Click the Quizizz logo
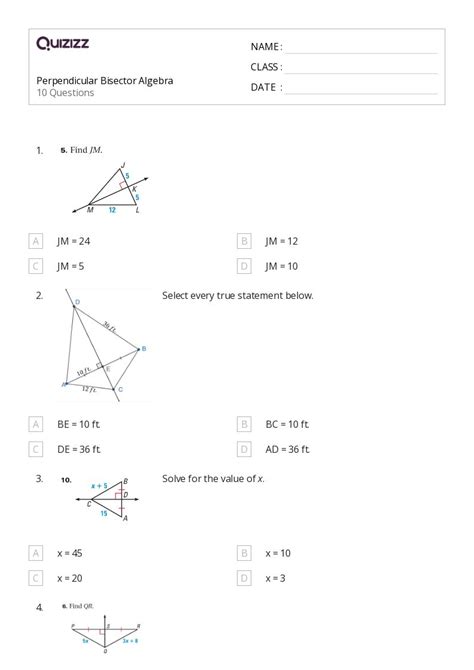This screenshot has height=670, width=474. pyautogui.click(x=63, y=43)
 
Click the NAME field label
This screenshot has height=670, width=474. pyautogui.click(x=266, y=47)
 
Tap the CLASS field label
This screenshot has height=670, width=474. pyautogui.click(x=266, y=67)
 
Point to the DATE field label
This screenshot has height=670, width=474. pyautogui.click(x=266, y=87)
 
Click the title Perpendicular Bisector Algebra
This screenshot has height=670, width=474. pyautogui.click(x=104, y=80)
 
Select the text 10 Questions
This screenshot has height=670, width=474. pyautogui.click(x=66, y=93)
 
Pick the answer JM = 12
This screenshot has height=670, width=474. pyautogui.click(x=282, y=241)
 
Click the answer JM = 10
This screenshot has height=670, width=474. pyautogui.click(x=282, y=266)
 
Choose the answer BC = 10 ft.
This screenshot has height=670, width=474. pyautogui.click(x=288, y=424)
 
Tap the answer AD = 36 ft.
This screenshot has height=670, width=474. pyautogui.click(x=288, y=449)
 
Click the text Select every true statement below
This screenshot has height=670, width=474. pyautogui.click(x=238, y=295)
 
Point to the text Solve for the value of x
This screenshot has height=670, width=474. pyautogui.click(x=214, y=479)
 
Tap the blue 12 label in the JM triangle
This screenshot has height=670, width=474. pyautogui.click(x=112, y=210)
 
